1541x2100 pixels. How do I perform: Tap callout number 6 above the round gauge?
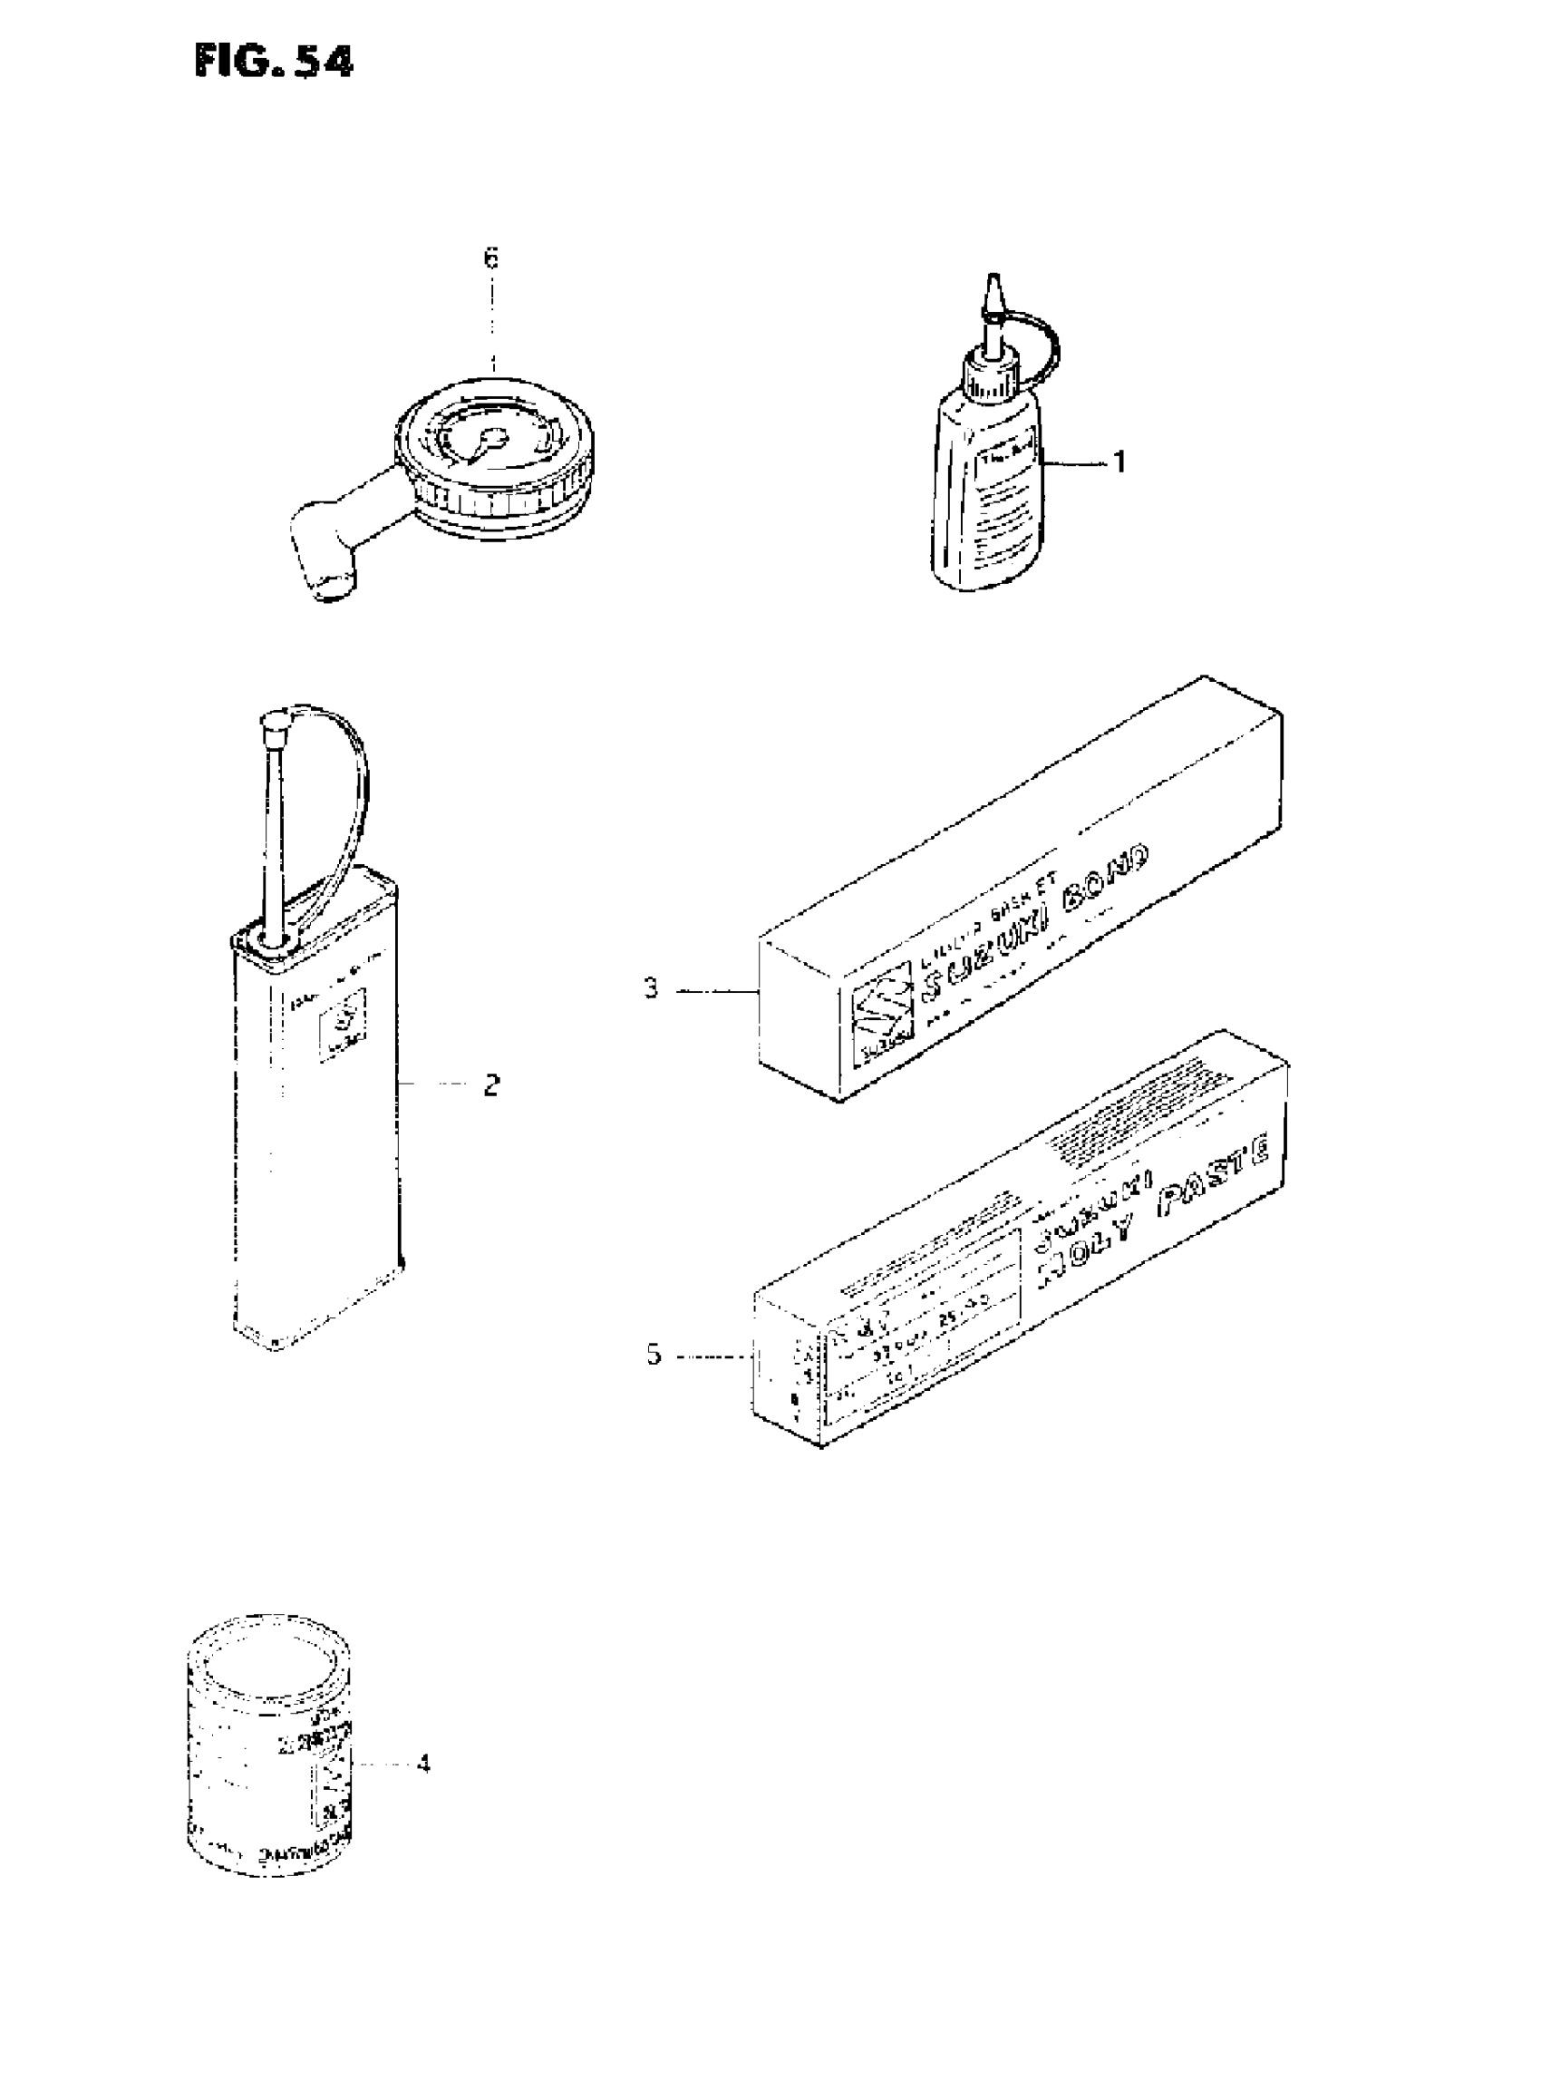(491, 258)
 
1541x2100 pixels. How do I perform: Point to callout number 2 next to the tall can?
(491, 1085)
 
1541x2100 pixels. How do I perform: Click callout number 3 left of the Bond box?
(651, 988)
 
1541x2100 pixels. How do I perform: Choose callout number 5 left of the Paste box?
(653, 1355)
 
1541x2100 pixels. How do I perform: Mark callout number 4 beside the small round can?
(423, 1764)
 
